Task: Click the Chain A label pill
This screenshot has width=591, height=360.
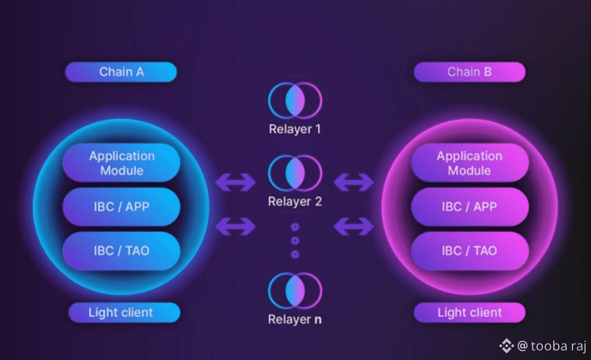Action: [x=121, y=72]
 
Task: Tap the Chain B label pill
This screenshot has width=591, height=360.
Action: [x=470, y=72]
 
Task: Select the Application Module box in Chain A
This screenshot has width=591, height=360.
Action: [x=121, y=163]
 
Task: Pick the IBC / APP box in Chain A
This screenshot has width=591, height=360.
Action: [x=121, y=207]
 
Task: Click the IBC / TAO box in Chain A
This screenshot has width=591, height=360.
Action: [x=121, y=251]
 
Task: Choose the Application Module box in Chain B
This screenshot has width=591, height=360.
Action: [x=470, y=163]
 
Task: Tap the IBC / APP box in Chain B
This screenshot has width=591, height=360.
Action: [x=470, y=207]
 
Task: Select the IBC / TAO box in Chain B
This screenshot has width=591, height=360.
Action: [x=470, y=251]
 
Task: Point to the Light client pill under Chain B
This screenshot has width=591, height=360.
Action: [x=470, y=313]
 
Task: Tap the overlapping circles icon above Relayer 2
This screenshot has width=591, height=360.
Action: [x=295, y=173]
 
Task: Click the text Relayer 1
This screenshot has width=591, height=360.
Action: [x=295, y=130]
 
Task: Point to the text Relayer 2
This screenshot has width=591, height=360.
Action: [x=295, y=202]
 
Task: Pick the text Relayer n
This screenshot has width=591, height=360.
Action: [x=295, y=320]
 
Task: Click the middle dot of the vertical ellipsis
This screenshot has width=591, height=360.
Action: [x=295, y=240]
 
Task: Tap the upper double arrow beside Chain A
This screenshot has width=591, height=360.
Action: [x=236, y=182]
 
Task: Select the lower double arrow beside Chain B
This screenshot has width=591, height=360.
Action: [x=354, y=225]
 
